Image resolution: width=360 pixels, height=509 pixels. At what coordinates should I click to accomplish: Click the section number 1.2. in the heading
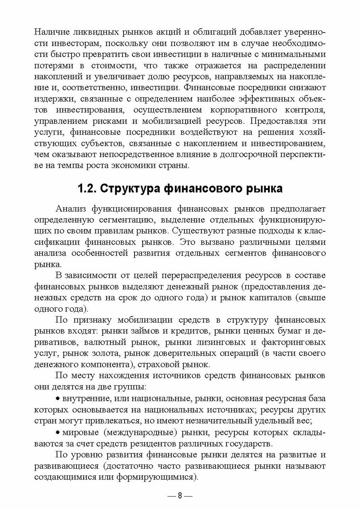point(87,188)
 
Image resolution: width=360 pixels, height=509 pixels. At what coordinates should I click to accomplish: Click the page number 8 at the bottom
point(180,496)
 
